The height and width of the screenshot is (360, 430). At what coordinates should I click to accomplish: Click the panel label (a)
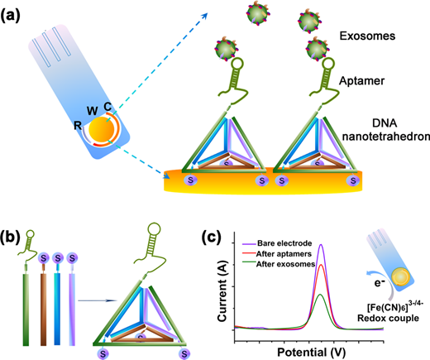pos(11,16)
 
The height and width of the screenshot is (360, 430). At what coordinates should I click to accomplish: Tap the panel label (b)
pos(11,238)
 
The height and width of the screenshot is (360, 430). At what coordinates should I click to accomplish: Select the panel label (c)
pos(211,237)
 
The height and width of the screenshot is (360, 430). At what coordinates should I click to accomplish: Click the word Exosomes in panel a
pos(367,36)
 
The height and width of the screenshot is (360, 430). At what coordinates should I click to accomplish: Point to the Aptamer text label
pos(361,81)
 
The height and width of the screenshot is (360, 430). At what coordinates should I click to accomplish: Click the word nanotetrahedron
pos(386,137)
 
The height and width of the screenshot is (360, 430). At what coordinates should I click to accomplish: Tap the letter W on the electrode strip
pos(93,111)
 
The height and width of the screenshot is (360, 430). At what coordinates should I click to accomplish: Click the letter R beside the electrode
pos(78,126)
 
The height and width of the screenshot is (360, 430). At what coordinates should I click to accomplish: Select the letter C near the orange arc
pos(107,107)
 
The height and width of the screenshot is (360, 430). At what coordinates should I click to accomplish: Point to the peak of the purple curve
pos(321,244)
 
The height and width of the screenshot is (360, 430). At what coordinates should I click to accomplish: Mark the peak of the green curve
pos(320,295)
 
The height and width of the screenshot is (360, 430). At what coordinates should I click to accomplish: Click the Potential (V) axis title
pos(311,353)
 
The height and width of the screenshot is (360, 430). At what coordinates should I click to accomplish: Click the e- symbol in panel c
pos(380,282)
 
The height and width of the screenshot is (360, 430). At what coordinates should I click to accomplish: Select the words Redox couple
pos(388,318)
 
